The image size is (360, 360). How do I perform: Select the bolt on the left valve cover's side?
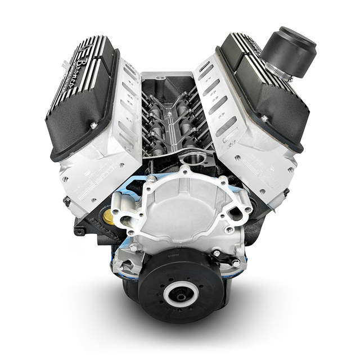tap(93, 125)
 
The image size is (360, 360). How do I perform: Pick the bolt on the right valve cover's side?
tap(264, 118)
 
